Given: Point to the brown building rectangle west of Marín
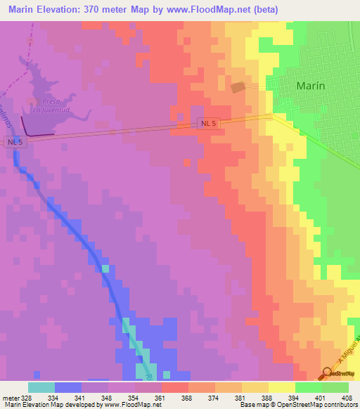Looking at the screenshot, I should point(239,87).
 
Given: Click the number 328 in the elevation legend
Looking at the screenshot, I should point(27,398).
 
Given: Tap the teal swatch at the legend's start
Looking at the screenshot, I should point(41,387).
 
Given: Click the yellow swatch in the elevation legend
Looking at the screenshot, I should point(281,387).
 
